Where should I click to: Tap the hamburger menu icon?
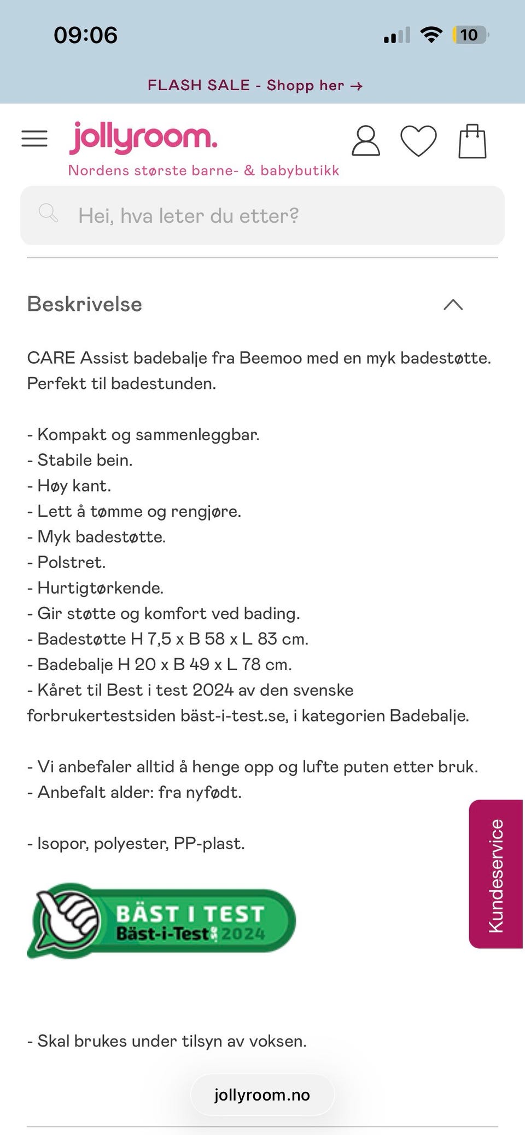pos(34,139)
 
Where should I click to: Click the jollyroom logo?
pos(143,138)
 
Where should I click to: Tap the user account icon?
pos(365,141)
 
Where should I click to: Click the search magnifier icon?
pos(48,213)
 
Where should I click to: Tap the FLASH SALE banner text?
pos(255,85)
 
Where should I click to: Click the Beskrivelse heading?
pos(85,304)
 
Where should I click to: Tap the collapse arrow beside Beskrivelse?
pos(453,304)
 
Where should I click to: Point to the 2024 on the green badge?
pos(243,934)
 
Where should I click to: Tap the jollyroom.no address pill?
pos(262,1095)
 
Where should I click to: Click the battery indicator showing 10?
pos(469,35)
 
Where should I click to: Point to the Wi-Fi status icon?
pos(431,35)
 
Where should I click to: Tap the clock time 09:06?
pos(86,35)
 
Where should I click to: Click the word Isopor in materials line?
pos(58,843)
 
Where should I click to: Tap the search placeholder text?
pos(188,216)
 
